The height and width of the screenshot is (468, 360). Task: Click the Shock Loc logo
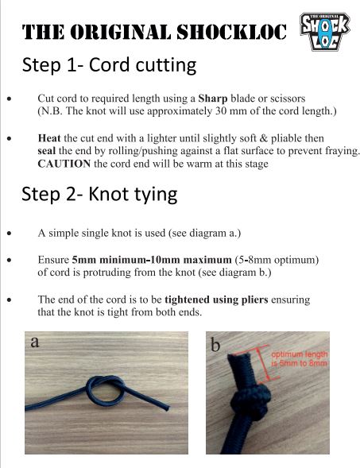point(325,31)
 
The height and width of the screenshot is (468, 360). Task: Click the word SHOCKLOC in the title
point(231,32)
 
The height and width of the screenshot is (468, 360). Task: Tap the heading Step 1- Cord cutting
point(109,65)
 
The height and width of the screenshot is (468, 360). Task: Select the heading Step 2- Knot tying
point(99,195)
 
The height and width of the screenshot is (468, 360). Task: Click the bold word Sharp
point(213,99)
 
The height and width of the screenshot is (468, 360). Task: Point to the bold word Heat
point(49,138)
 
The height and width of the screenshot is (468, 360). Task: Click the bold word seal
point(47,151)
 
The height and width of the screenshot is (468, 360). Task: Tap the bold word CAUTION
point(64,164)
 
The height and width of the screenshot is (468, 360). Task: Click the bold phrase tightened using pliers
point(216,300)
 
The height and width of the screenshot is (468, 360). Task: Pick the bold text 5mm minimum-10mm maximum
point(152,260)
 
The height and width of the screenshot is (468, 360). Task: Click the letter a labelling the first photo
point(35,342)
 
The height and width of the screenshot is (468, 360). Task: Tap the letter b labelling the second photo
point(215,346)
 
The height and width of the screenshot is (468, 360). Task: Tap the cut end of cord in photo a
point(168,408)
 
